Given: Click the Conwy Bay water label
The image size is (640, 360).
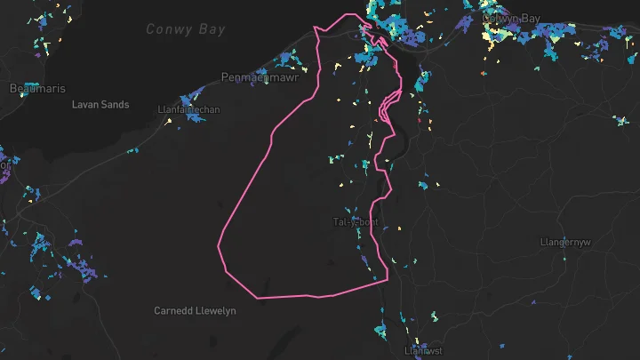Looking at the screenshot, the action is pos(186,29).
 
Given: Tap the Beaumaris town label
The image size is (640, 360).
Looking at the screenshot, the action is pos(32,88).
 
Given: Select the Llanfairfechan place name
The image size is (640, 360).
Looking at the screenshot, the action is pos(188,110).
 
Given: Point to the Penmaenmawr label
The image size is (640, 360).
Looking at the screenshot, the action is pos(259,76).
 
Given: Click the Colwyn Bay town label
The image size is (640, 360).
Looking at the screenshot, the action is pos(510,18).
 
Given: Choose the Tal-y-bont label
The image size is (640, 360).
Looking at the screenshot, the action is pos(356,221).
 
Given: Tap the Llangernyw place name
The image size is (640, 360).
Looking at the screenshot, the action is pos(565,242).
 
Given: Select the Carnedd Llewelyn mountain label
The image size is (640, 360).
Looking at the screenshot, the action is pos(195,310).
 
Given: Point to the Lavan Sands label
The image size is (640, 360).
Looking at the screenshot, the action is pos(100,105).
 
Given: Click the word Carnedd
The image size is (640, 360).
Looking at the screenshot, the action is pos(172,310).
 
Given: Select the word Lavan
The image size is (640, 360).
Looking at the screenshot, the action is pos(84,105).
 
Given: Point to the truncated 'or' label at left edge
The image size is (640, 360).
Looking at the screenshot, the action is pos(4,165).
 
